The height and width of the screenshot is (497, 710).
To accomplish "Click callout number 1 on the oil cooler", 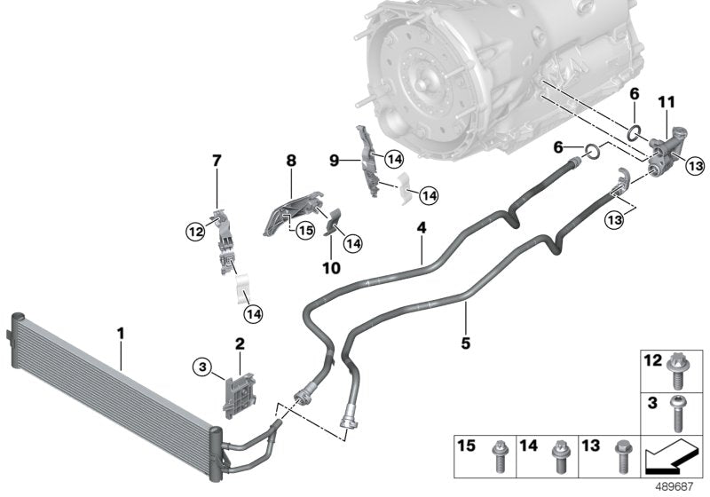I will [x=121, y=335].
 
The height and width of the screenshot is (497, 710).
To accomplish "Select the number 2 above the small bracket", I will [x=240, y=343].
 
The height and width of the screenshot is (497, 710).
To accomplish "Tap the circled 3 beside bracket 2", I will [x=203, y=365].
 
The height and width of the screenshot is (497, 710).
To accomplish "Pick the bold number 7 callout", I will [x=217, y=161].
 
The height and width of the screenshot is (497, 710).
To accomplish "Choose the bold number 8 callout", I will [x=291, y=161].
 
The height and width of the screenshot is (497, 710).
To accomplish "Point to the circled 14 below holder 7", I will [x=255, y=312].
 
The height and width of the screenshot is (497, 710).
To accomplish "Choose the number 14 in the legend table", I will [x=529, y=444].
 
